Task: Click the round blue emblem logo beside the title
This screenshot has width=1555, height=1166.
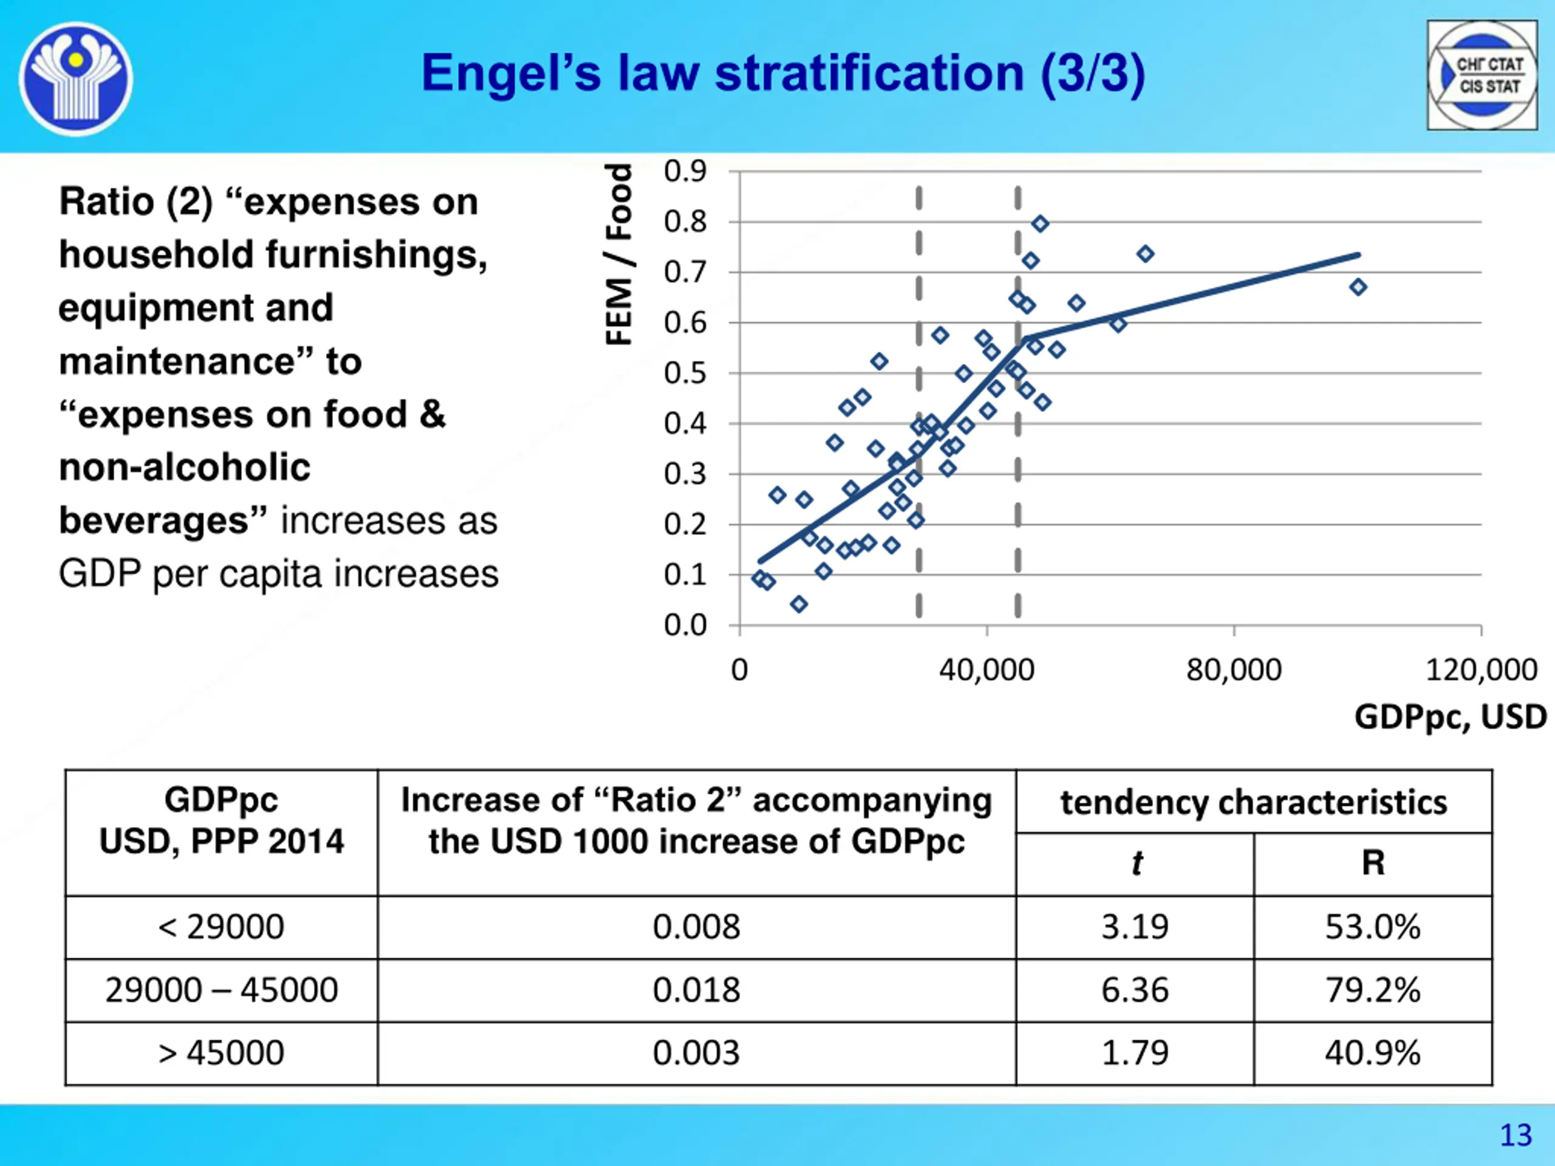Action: point(76,78)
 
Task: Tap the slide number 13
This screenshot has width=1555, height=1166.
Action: point(1515,1135)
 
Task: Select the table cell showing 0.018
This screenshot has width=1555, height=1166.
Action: point(696,990)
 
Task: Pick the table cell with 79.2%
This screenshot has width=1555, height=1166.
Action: point(1372,990)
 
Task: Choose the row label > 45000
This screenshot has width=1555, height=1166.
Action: point(222,1053)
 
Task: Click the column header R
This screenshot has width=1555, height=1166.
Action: point(1373,863)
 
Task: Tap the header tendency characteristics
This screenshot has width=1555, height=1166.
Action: point(1254,802)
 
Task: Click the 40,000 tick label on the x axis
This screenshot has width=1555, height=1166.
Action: point(986,670)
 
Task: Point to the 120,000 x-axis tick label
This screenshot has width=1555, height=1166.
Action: point(1481,670)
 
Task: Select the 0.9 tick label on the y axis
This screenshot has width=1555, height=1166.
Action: point(685,171)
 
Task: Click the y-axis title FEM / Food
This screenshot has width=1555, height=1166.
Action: point(618,254)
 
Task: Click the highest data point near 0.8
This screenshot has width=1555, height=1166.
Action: point(1041,224)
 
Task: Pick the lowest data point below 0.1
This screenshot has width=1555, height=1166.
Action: point(799,604)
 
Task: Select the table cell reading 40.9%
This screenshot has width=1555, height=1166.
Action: point(1372,1053)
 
